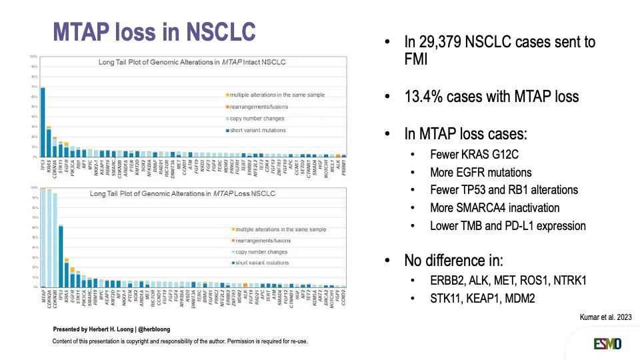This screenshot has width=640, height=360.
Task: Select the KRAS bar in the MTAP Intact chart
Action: [x=49, y=142]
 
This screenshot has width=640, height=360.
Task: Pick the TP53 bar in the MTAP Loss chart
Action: [x=61, y=257]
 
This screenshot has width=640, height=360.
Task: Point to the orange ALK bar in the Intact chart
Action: [x=339, y=155]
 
